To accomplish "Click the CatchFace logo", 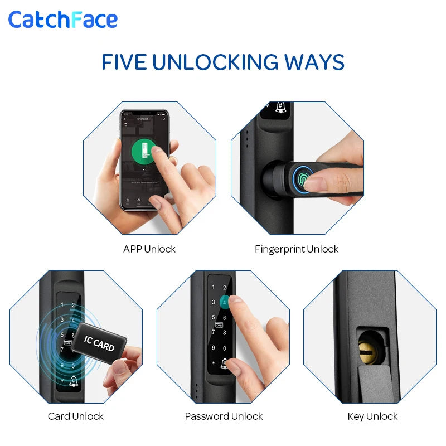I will (62, 20).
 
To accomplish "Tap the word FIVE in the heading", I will (124, 62).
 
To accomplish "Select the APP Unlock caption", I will (149, 249).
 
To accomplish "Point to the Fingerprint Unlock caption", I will (297, 249).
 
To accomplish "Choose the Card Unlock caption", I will (76, 416).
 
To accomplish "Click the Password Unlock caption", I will (224, 416).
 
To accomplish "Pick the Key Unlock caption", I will (372, 416).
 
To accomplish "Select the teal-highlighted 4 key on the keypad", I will (224, 302).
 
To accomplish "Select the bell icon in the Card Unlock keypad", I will (74, 381).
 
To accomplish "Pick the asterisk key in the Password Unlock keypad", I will (213, 363).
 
